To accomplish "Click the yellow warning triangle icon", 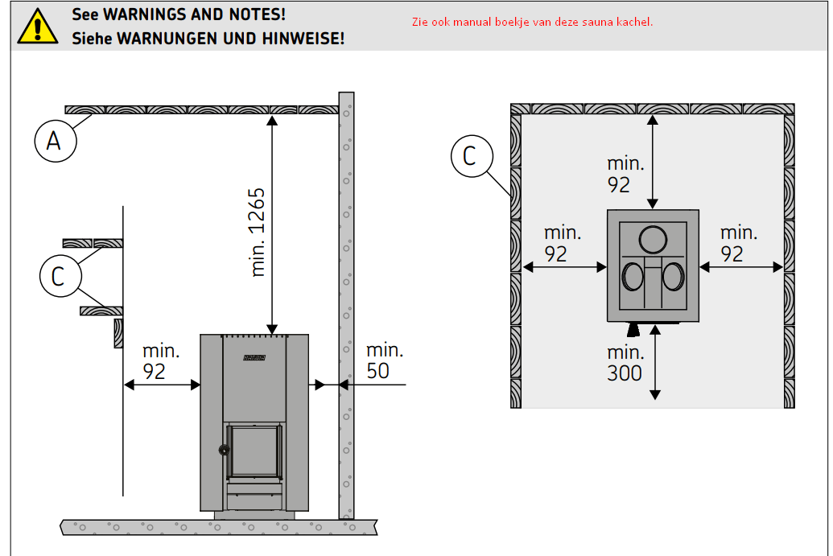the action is click(37, 27).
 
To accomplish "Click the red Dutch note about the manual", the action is click(532, 22).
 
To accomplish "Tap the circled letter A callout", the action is click(56, 141).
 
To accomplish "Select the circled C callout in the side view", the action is click(60, 276).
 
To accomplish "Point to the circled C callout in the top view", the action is click(472, 156).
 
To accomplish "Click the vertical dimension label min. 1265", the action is click(258, 232).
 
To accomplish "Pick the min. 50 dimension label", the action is click(386, 360).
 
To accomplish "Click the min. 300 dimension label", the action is click(625, 363).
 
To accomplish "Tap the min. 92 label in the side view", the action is click(161, 361).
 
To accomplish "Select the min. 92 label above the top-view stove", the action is click(625, 174).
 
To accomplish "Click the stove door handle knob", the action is click(225, 450).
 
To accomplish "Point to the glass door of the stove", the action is click(254, 451).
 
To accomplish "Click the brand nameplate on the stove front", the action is click(254, 357).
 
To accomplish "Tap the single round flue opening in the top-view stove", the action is click(653, 240).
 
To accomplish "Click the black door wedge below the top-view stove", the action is click(633, 330).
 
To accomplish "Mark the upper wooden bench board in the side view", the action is click(93, 243).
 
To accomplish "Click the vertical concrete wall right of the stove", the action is click(346, 305).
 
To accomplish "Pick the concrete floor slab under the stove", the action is click(219, 527).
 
